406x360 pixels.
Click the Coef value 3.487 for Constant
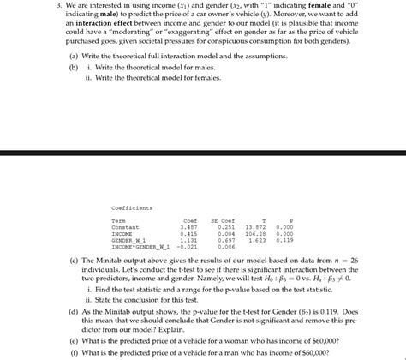(x=189, y=227)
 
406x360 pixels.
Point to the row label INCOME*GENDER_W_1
(x=140, y=247)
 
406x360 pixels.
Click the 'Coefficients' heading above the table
(x=132, y=207)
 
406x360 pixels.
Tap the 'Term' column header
(x=118, y=220)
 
